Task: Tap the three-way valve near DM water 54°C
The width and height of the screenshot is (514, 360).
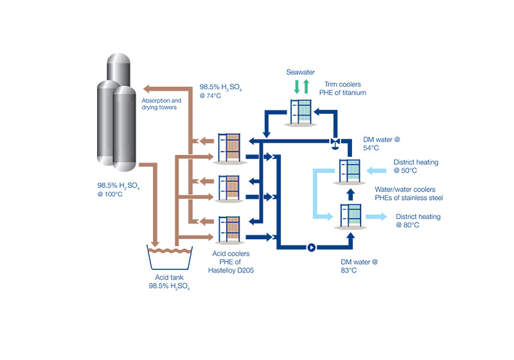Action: (335, 142)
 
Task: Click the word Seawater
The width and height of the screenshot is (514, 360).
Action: (300, 73)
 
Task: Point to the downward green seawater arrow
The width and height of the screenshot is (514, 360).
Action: (296, 86)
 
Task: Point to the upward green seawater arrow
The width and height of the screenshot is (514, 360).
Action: (306, 86)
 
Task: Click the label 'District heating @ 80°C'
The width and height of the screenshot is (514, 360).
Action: (418, 221)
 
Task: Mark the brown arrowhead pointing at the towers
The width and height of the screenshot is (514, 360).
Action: (146, 88)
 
